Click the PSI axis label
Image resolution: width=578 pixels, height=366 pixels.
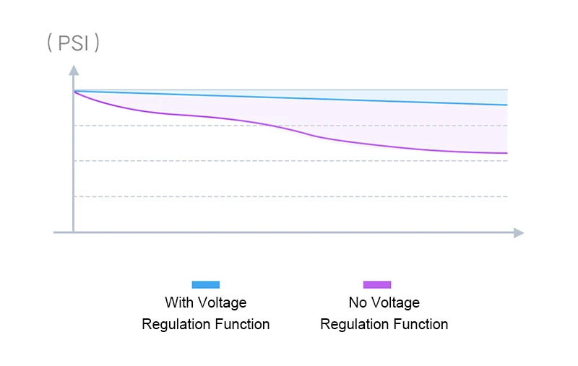click(73, 43)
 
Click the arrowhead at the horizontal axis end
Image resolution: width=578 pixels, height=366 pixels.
click(518, 232)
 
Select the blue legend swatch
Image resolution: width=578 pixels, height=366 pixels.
click(205, 284)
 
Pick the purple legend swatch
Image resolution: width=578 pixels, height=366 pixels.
click(376, 284)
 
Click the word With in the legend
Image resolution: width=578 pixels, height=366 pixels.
click(178, 302)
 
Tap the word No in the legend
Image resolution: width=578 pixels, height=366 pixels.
click(358, 302)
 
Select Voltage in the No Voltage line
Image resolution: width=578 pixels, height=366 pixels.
click(394, 302)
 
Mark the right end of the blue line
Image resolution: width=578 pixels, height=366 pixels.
click(507, 105)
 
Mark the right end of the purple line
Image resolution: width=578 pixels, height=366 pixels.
click(507, 153)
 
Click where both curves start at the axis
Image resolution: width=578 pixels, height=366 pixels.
click(74, 91)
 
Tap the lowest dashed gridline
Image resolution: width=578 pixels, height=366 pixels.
click(289, 196)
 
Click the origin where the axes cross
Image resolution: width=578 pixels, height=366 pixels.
click(73, 232)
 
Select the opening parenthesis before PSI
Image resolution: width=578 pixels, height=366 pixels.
click(49, 43)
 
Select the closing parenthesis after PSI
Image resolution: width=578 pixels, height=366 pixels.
click(97, 43)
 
